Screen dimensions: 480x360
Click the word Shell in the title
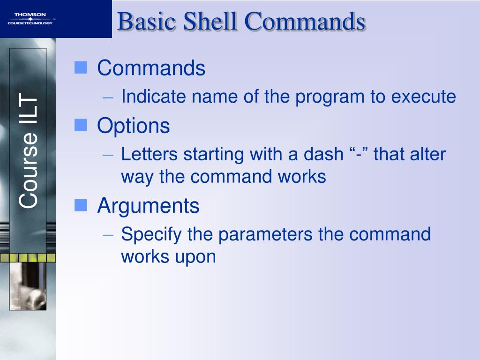(x=210, y=21)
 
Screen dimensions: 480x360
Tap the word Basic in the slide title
(x=147, y=21)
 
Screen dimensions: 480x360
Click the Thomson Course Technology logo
(x=30, y=19)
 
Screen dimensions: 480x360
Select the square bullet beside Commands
(x=81, y=67)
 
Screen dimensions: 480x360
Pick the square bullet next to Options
(x=81, y=125)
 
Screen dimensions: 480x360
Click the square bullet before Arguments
(x=81, y=205)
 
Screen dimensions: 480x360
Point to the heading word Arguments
(x=148, y=206)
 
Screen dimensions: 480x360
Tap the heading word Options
(x=134, y=126)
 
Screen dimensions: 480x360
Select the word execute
(x=423, y=97)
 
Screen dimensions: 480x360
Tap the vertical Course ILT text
(x=28, y=150)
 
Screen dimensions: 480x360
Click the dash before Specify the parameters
(x=108, y=235)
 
